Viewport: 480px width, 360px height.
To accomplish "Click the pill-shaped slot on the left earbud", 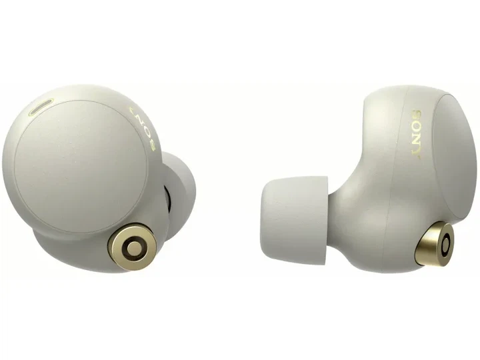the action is click(x=41, y=107).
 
